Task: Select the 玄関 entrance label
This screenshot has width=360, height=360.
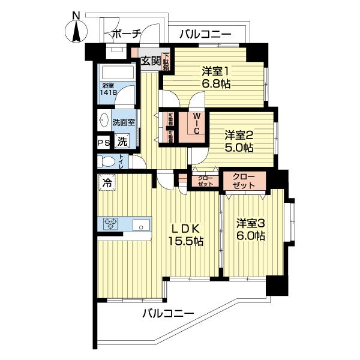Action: [151, 60]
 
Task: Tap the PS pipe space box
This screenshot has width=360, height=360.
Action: [104, 142]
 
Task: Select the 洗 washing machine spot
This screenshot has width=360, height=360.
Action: [122, 142]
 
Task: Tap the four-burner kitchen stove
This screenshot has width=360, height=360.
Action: [111, 225]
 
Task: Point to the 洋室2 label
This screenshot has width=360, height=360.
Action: [239, 134]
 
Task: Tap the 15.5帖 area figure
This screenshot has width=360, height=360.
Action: [185, 242]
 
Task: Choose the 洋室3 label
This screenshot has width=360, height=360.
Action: [250, 223]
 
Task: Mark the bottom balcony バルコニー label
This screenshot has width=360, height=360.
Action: [168, 314]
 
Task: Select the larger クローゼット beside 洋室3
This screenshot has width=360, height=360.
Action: [244, 181]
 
